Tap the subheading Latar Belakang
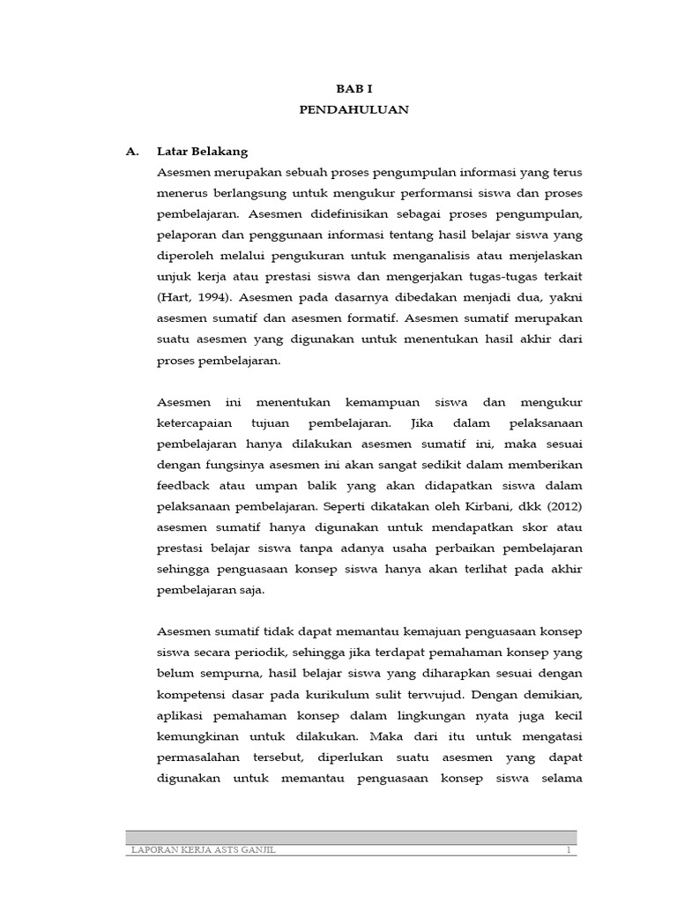tap(202, 152)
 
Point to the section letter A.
tap(133, 152)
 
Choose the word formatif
tap(364, 319)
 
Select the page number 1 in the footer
tap(569, 848)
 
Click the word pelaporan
tap(188, 235)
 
